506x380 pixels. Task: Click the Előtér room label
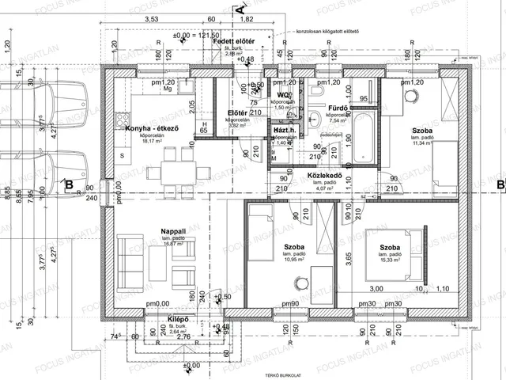click(238, 113)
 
